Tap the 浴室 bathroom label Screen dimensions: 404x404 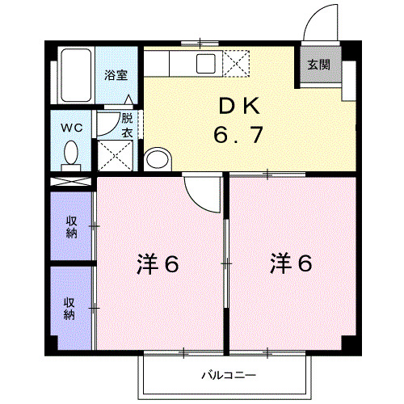click(x=116, y=74)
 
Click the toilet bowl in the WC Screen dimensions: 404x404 click(x=71, y=153)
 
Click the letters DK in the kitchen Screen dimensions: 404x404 click(x=238, y=106)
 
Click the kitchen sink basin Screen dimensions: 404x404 click(x=205, y=62)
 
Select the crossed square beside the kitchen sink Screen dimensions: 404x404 click(x=237, y=62)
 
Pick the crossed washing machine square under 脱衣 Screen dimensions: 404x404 click(x=115, y=154)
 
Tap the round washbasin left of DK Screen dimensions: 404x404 click(x=157, y=158)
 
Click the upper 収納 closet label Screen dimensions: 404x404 click(x=71, y=227)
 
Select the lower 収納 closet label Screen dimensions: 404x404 click(x=70, y=308)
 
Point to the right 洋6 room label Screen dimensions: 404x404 click(x=290, y=263)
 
